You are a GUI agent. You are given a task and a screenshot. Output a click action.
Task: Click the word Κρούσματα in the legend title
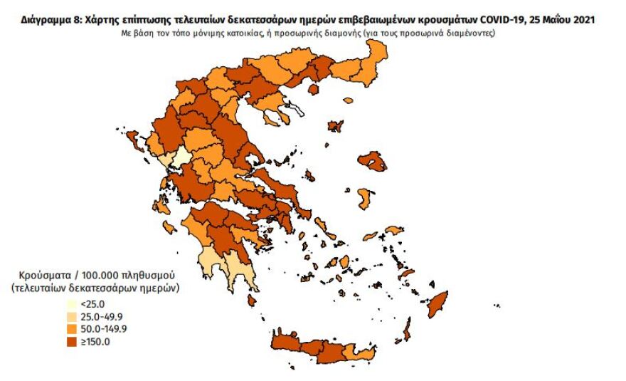click(43, 275)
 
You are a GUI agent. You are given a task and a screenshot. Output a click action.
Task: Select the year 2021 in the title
click(583, 21)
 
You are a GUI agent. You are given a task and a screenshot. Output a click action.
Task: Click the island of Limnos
click(335, 126)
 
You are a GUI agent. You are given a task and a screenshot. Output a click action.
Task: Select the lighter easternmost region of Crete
click(366, 353)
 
